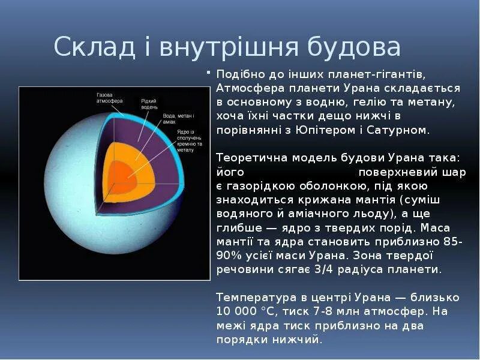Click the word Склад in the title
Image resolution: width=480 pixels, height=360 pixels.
94,47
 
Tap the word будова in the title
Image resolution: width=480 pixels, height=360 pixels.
353,47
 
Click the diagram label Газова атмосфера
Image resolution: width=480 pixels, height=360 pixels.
110,98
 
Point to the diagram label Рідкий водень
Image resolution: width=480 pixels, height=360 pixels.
149,104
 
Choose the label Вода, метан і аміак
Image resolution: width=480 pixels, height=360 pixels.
178,119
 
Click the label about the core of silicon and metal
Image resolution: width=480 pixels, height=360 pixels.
189,141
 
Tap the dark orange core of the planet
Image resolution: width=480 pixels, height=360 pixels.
122,178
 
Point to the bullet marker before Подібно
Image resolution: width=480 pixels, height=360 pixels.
208,73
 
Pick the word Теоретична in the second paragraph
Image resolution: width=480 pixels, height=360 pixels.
251,158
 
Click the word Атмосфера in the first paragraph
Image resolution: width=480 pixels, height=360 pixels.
250,89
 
